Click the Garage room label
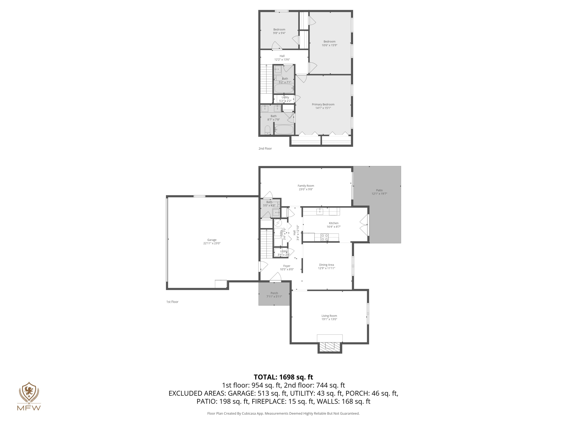pos(212,240)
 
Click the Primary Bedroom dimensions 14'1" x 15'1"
pos(323,108)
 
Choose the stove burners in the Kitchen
pos(325,237)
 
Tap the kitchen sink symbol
pos(319,212)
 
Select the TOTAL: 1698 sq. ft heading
pos(283,377)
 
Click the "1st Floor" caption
pos(172,302)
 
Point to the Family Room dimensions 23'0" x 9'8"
pos(306,189)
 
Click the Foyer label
pos(287,266)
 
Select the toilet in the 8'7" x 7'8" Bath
pos(267,130)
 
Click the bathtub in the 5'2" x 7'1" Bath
pos(284,89)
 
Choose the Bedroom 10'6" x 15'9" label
pos(329,42)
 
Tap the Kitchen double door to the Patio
pos(364,225)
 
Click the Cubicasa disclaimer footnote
pos(283,413)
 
